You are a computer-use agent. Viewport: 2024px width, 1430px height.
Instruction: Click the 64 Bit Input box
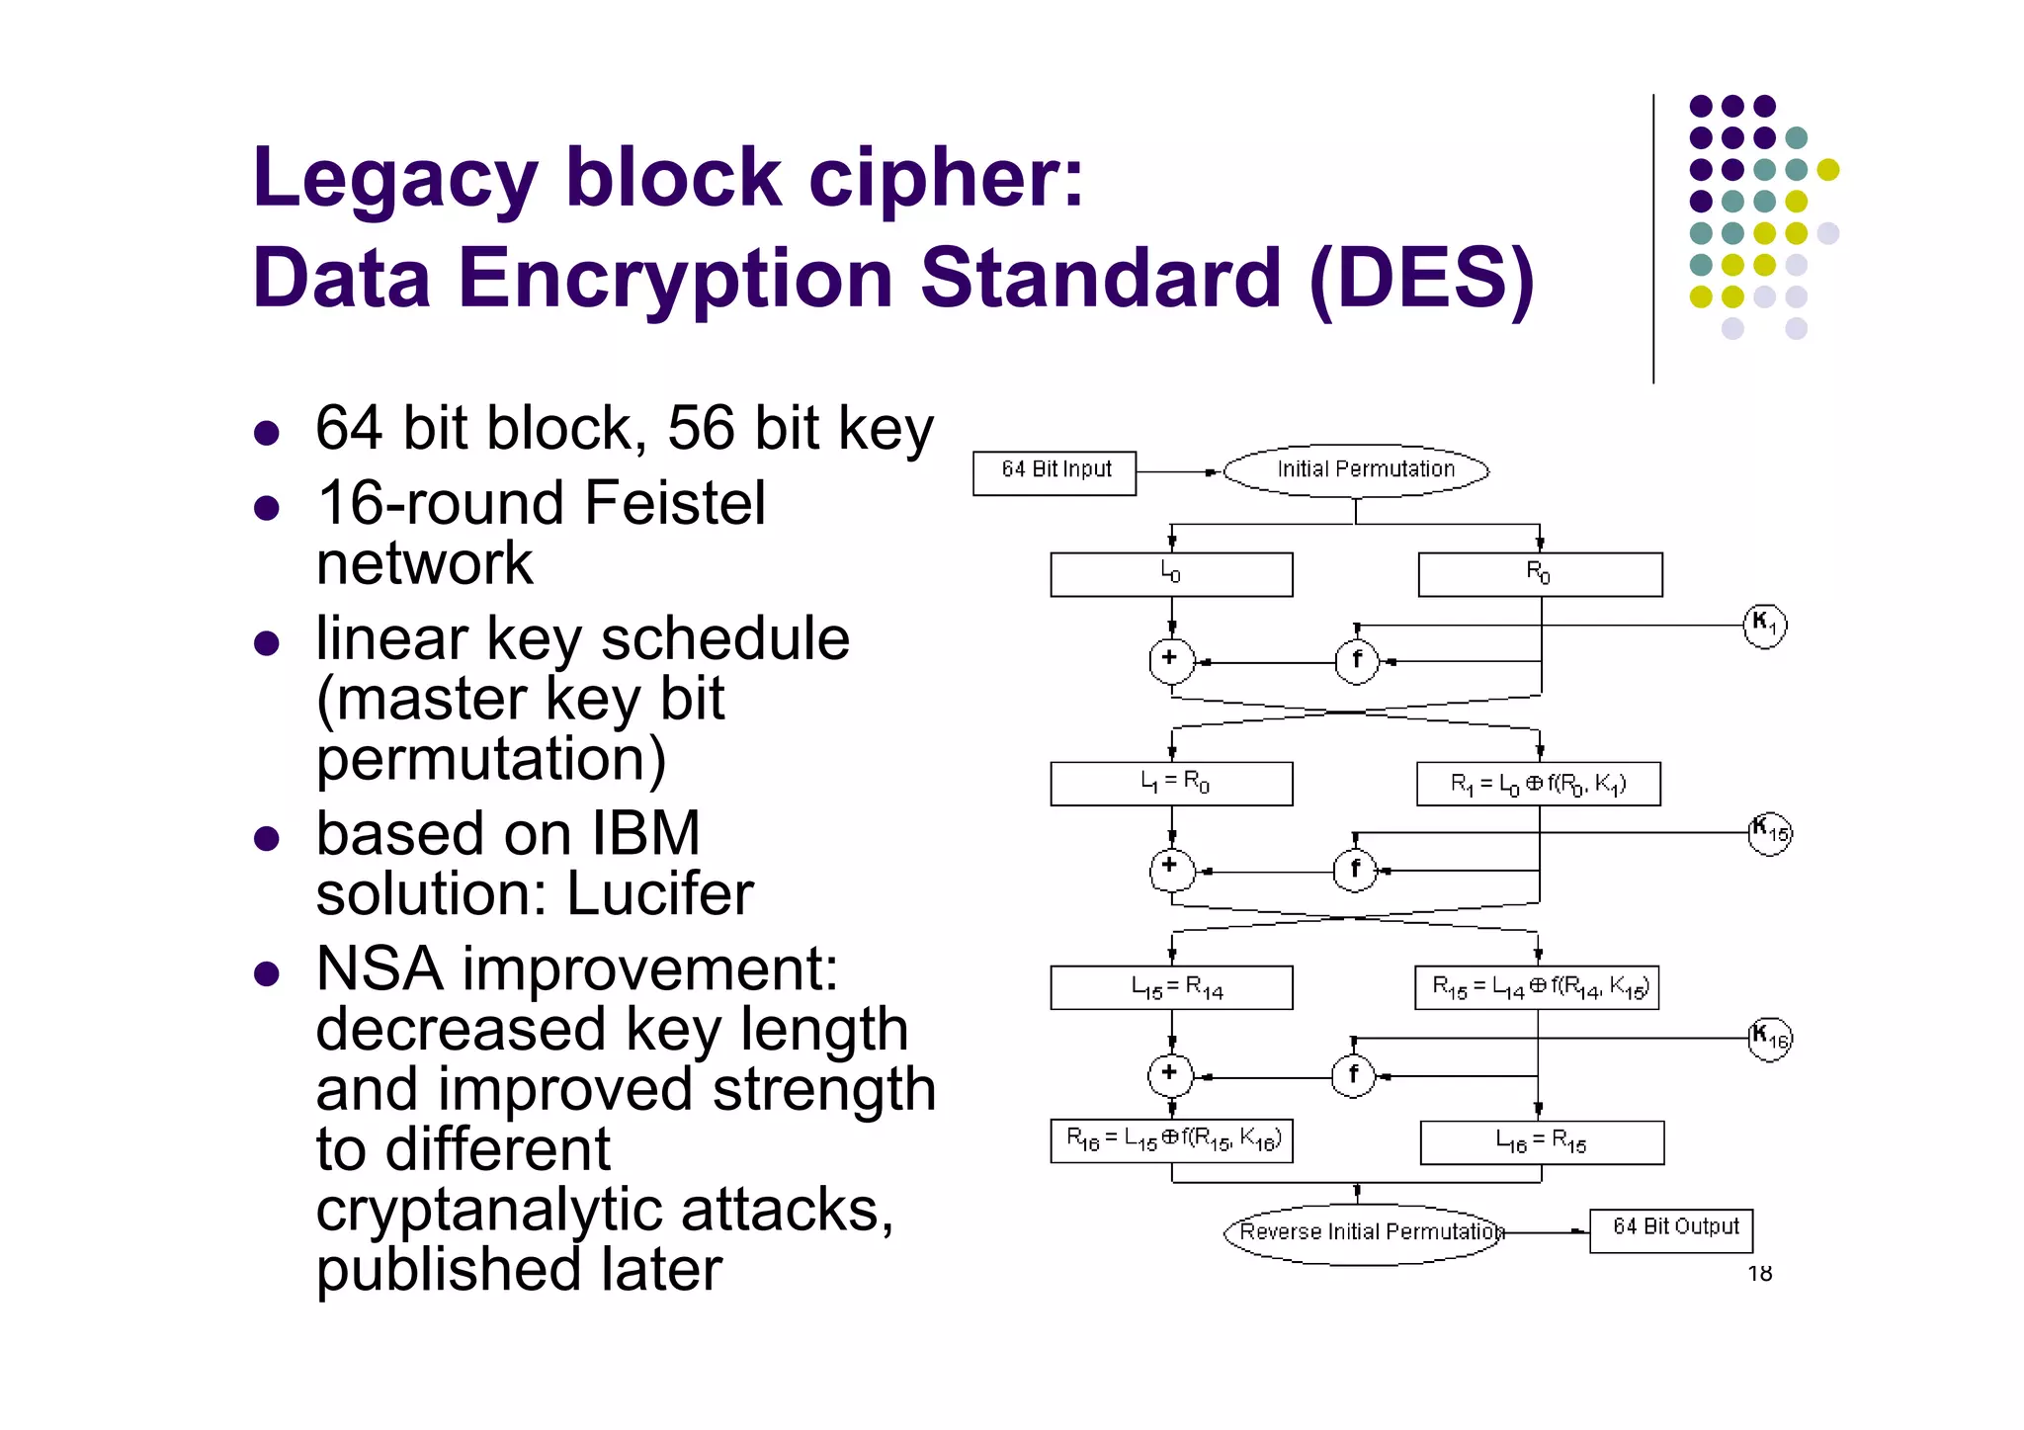[1054, 473]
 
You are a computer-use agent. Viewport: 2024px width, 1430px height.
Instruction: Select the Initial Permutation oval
[1356, 470]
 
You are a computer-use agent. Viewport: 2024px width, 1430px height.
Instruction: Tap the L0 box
[1171, 574]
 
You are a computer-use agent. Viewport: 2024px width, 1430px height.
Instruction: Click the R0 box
[1540, 574]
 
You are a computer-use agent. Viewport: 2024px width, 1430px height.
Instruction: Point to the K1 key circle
[1764, 625]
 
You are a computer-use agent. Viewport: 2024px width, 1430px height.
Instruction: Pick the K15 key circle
[1769, 833]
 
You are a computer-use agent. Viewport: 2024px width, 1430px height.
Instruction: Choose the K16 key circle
[1769, 1039]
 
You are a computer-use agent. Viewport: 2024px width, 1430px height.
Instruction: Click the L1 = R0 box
[1171, 784]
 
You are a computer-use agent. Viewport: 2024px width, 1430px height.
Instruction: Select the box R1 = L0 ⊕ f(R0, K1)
[1538, 784]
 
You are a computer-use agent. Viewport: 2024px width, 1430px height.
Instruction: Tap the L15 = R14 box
[1171, 987]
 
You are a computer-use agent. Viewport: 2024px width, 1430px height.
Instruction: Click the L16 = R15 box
[1542, 1142]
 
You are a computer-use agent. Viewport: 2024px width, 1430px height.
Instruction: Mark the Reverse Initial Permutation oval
[1364, 1232]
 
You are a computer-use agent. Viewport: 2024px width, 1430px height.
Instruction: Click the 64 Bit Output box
[1671, 1229]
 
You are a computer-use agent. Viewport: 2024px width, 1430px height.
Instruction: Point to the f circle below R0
[1357, 660]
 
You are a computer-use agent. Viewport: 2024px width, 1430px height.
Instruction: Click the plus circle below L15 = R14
[1170, 1075]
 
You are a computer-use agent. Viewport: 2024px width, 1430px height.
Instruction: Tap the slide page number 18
[1759, 1274]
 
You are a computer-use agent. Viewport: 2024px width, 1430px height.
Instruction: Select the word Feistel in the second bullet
[674, 503]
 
